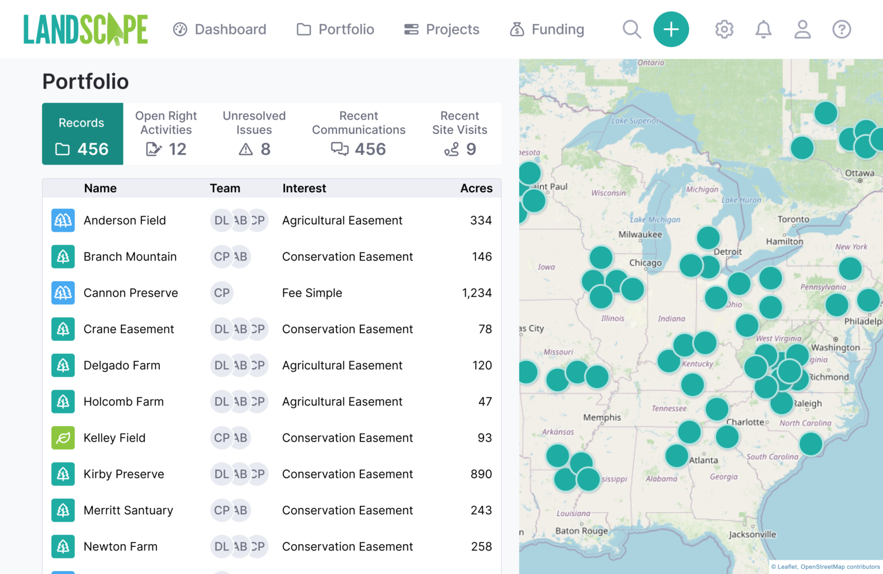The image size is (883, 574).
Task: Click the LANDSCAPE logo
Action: point(86,29)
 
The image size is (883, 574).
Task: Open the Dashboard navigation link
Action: point(220,29)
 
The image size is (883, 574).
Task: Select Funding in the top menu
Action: point(547,29)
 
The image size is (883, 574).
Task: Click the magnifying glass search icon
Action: point(631,29)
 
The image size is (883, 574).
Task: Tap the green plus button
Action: point(671,29)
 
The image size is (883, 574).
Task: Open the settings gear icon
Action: point(724,29)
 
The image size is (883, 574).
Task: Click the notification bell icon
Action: point(763,29)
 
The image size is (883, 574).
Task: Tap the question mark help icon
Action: point(841,29)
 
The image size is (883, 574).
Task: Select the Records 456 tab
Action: point(82,134)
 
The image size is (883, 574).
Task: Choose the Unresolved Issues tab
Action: point(254,134)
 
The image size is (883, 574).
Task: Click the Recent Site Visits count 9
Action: point(471,150)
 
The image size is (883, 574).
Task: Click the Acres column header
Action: point(476,188)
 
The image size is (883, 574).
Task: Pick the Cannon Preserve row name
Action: point(130,293)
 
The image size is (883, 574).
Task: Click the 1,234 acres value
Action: point(477,293)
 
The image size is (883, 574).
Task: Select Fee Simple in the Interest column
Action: point(312,293)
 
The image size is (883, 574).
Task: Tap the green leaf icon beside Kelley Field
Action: point(63,438)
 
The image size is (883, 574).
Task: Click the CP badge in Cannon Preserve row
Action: point(222,293)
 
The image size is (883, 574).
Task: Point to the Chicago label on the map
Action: point(645,263)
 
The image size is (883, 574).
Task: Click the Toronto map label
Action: point(793,219)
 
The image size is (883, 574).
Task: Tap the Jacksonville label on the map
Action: point(752,534)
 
